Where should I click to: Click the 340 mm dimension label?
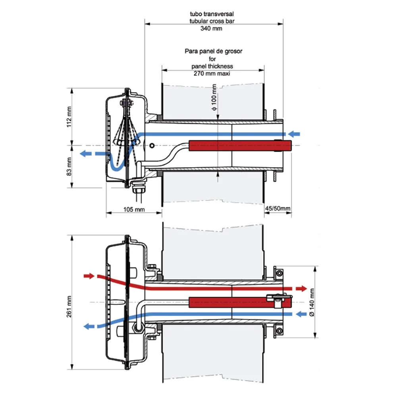tap(211, 28)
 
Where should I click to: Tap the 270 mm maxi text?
tap(212, 73)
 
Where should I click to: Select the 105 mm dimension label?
tap(134, 209)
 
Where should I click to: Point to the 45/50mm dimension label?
tap(278, 208)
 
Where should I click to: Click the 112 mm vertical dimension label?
tap(69, 117)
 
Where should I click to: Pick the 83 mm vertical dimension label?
tap(69, 166)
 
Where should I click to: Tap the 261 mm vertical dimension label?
tap(69, 306)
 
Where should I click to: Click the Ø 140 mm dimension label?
tap(312, 302)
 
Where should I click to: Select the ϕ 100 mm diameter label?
tap(214, 97)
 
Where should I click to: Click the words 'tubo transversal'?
tap(212, 13)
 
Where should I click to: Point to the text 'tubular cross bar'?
tap(212, 21)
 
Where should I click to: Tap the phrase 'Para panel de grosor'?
tap(214, 51)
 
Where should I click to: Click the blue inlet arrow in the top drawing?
tap(294, 134)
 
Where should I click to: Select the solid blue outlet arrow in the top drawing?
tap(86, 153)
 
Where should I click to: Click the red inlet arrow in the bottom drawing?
tap(89, 276)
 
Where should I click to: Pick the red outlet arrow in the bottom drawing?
tap(301, 288)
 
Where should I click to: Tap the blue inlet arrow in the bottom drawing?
tap(301, 314)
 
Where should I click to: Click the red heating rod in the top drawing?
tap(240, 146)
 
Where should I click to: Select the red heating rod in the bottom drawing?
tap(240, 302)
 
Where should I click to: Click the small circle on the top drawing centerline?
tap(152, 146)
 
